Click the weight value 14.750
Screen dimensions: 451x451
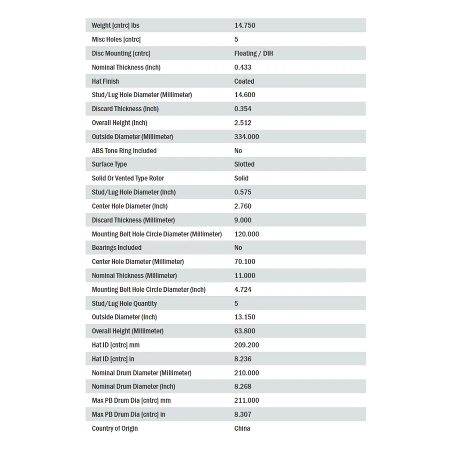245,25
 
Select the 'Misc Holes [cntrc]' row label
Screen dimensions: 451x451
116,39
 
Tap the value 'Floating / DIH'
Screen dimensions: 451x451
253,54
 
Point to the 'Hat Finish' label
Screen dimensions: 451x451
105,81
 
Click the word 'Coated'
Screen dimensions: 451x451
244,81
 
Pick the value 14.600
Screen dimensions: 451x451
245,95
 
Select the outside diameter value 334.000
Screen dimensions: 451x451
247,137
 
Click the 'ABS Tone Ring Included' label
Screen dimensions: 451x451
124,151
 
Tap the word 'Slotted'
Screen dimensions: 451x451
244,164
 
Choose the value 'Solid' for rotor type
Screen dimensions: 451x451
241,179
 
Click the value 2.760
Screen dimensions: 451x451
243,206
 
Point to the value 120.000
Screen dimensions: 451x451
247,234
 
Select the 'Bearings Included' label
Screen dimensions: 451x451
117,248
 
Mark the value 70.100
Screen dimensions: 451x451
245,262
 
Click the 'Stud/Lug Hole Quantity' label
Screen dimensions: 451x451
124,303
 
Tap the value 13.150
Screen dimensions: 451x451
245,317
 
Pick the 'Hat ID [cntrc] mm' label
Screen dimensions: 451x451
116,345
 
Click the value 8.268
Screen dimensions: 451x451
243,387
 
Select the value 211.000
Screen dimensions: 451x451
247,400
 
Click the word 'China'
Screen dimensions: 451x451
242,428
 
